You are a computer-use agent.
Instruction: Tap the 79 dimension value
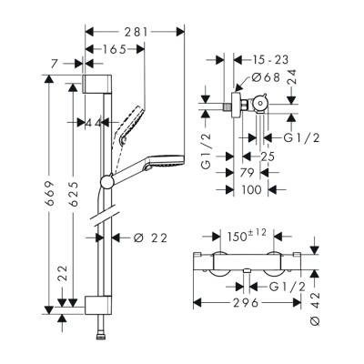click(x=246, y=173)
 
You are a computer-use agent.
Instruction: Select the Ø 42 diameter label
click(x=315, y=308)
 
